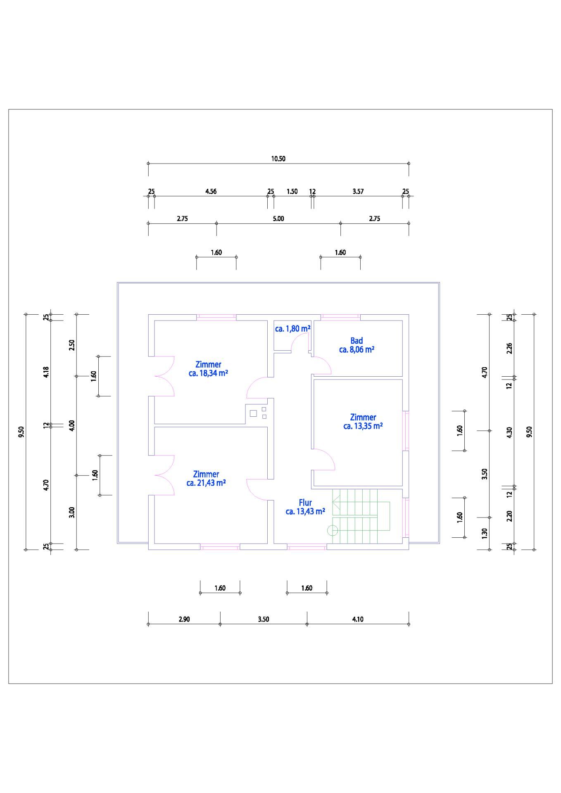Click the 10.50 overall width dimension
pos(278,159)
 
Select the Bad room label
pos(357,341)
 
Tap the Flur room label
pos(305,503)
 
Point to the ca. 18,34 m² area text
pos(209,373)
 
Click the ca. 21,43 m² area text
pos(206,483)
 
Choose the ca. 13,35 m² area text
pos(363,426)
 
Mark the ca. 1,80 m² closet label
pos(293,329)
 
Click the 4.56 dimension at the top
pos(211,191)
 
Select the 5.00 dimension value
pos(278,218)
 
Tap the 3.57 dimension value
pos(358,191)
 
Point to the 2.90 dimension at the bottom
pos(184,619)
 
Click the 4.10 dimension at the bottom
pos(358,619)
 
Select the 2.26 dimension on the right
pos(509,348)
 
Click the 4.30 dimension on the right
pos(509,432)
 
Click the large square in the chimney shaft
pos(253,413)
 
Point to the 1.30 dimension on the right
pos(485,533)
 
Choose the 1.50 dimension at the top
pos(292,191)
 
